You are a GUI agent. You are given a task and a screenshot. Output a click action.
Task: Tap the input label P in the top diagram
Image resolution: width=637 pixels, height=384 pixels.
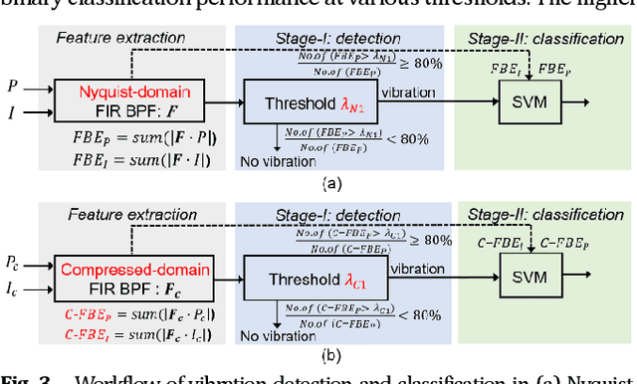point(11,86)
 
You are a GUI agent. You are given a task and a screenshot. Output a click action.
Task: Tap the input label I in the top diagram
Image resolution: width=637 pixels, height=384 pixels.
point(11,113)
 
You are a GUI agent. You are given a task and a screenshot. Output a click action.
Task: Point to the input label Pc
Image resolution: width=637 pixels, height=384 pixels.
point(13,264)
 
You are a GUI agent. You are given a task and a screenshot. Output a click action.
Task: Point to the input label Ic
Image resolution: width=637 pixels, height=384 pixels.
point(12,290)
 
